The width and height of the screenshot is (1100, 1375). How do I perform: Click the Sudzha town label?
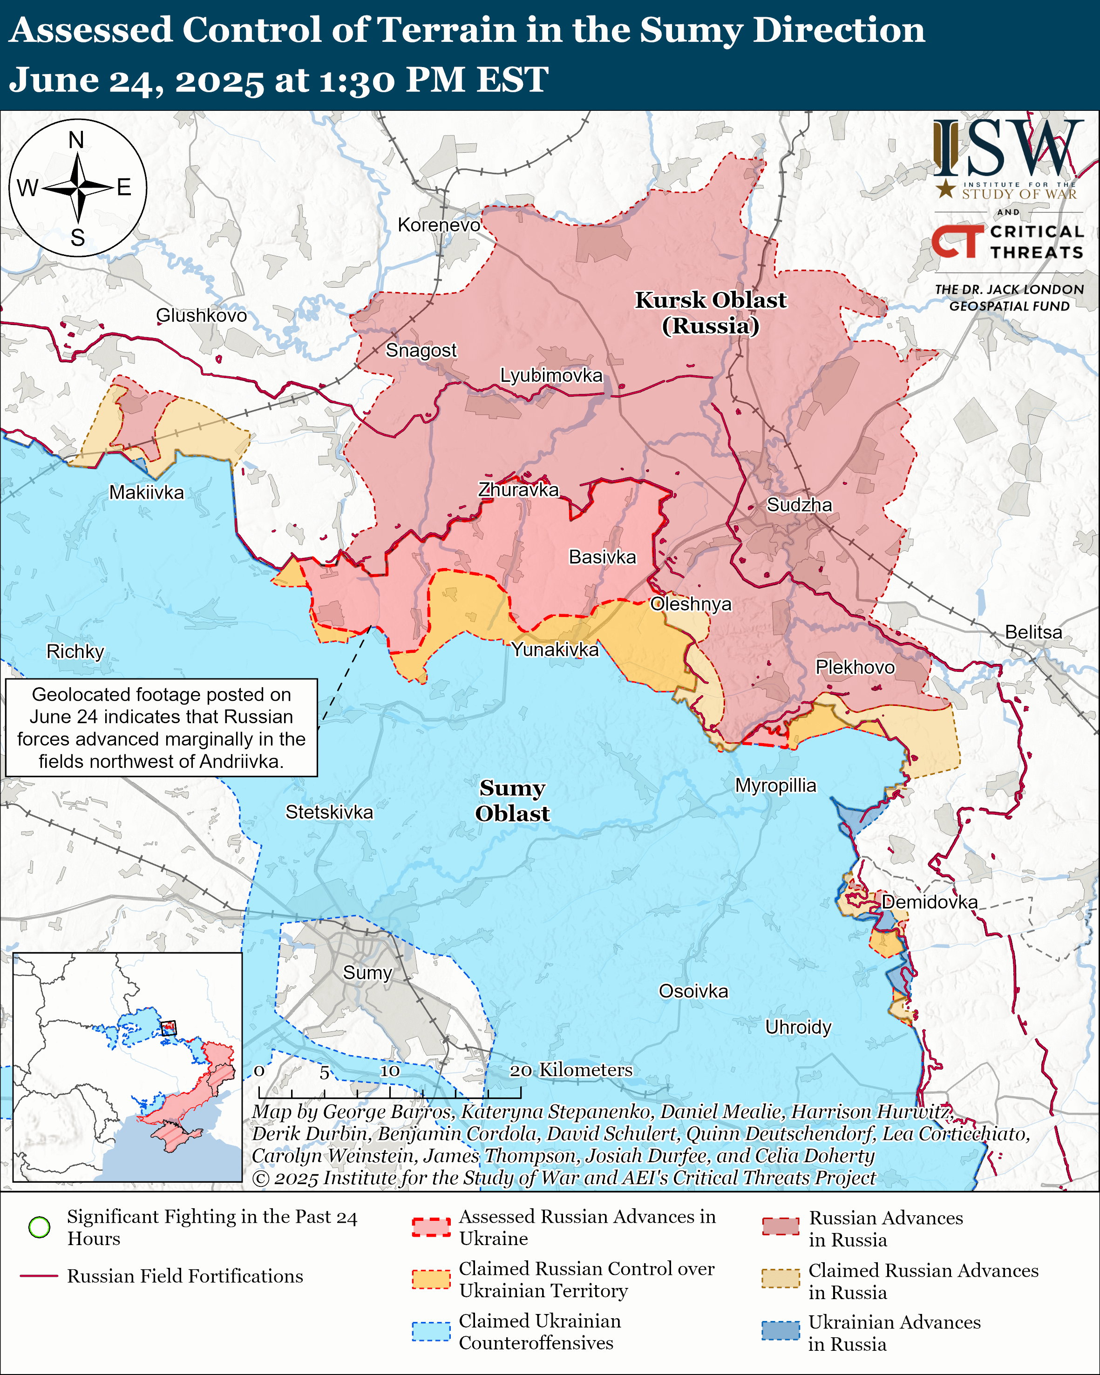(799, 505)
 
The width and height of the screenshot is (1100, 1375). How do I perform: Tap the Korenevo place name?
(439, 225)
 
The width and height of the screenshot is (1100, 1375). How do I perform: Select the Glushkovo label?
(202, 315)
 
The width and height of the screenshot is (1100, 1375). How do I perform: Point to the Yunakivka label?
(555, 649)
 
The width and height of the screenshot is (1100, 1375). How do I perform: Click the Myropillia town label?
(775, 785)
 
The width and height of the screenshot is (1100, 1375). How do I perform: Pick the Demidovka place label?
(929, 902)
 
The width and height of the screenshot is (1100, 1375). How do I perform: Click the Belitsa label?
(1033, 632)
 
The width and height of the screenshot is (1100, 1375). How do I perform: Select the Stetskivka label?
(329, 812)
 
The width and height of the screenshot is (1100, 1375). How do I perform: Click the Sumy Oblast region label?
(512, 800)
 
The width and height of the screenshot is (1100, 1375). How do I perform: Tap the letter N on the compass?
(76, 140)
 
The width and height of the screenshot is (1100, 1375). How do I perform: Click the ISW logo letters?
(1007, 149)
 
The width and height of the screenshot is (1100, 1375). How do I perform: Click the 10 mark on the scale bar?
(390, 1071)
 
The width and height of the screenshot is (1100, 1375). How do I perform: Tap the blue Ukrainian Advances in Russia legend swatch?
(781, 1331)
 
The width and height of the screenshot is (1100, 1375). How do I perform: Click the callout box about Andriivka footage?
(161, 728)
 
